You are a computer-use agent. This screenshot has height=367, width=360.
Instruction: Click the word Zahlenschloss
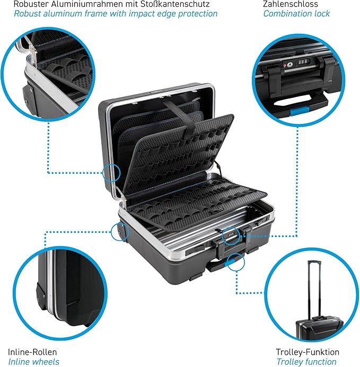(x=291, y=4)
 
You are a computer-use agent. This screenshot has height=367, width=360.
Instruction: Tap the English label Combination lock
(x=296, y=14)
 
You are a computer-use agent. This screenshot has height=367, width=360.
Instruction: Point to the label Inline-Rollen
(x=32, y=352)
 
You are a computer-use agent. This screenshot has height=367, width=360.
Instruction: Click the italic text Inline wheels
(x=34, y=362)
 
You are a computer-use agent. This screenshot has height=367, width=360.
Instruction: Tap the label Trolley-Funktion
(x=308, y=352)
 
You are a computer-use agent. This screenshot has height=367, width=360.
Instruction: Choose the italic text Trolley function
(x=306, y=362)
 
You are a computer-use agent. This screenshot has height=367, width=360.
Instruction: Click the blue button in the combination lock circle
(x=300, y=111)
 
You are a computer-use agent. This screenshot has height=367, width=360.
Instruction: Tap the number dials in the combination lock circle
(x=303, y=62)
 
